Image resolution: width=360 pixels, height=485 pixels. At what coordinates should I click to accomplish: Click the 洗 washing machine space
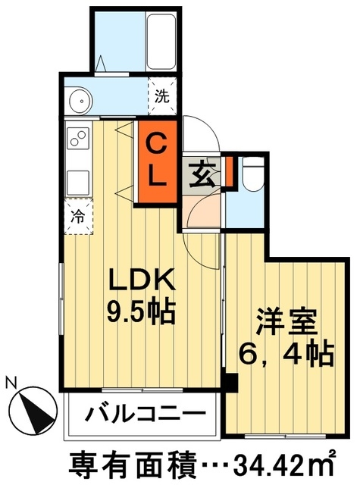[x=161, y=95]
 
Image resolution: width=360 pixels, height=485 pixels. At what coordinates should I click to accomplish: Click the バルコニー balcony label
[x=144, y=415]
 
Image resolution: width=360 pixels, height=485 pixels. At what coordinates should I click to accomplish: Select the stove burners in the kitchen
[x=78, y=137]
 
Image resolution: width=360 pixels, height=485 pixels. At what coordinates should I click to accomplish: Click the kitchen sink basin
[x=78, y=183]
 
